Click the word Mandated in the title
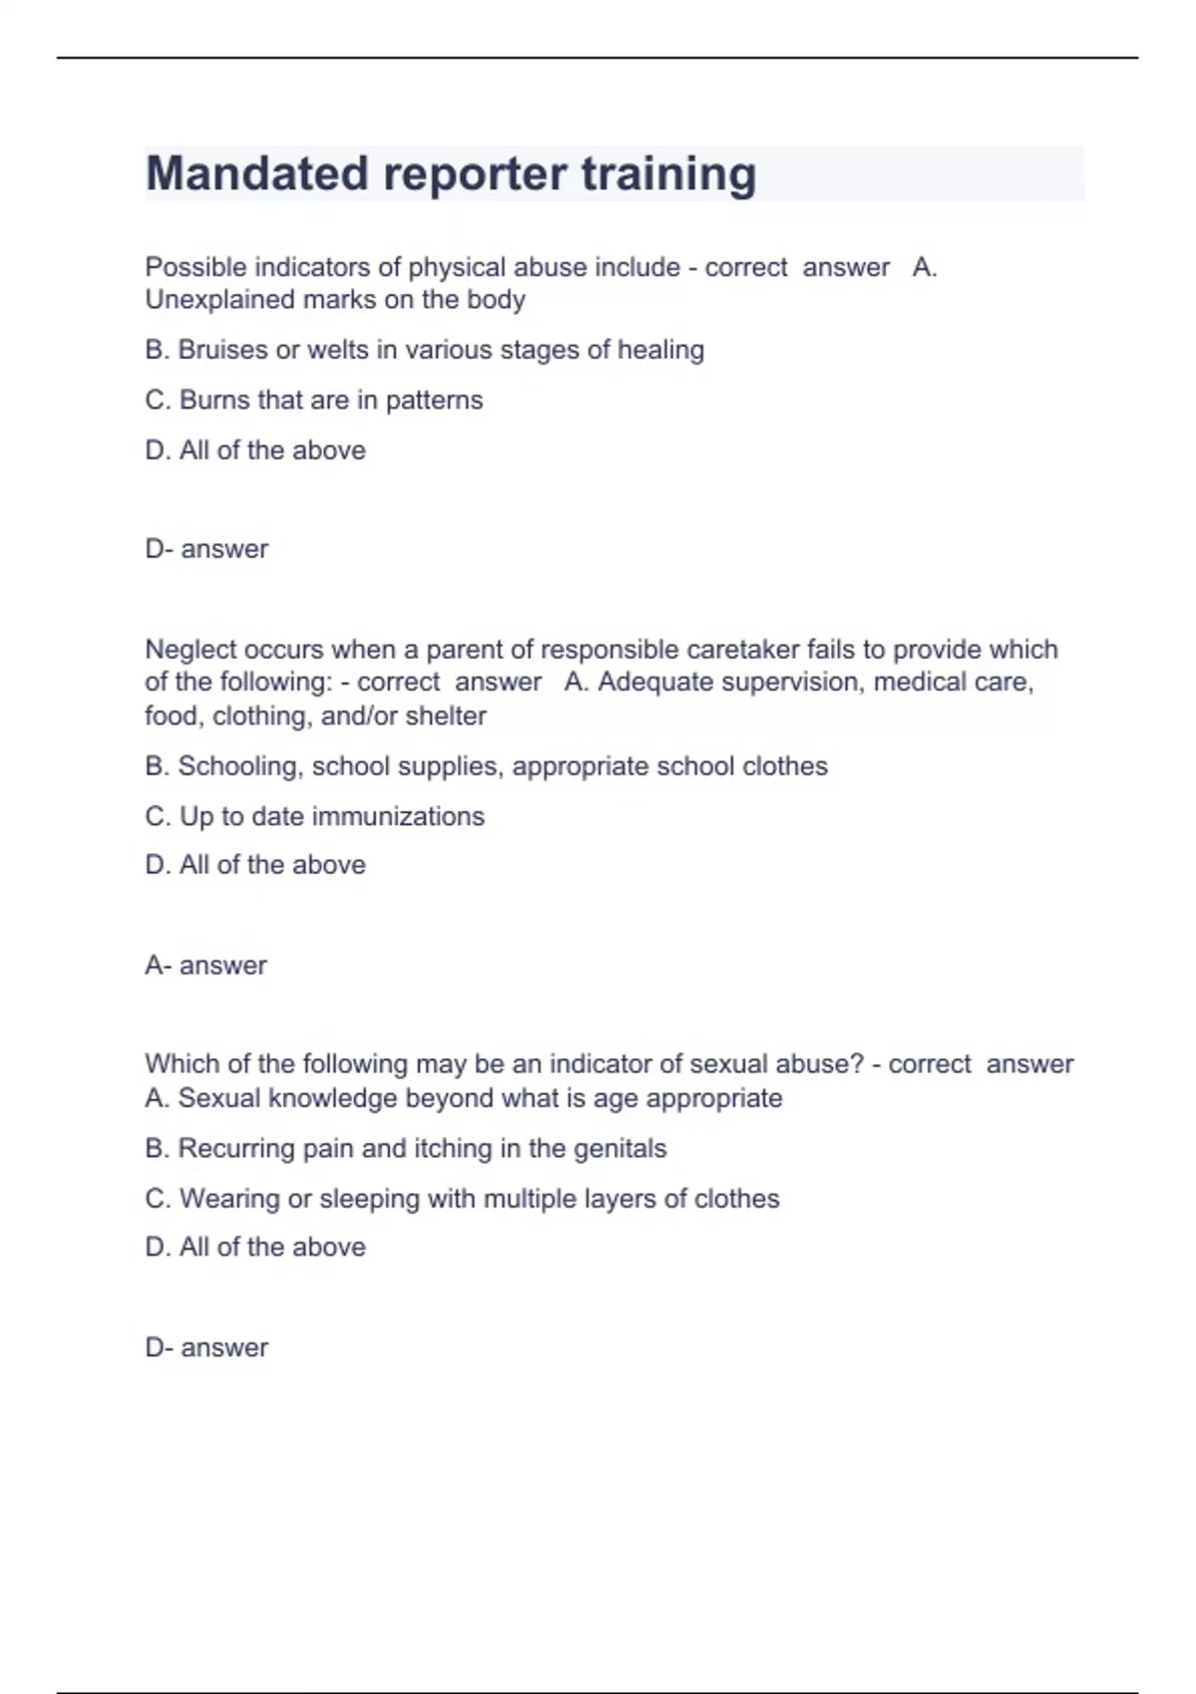[x=258, y=173]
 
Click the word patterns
[x=434, y=401]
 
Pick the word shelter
[x=446, y=715]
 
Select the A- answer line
[x=206, y=966]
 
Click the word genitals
[x=621, y=1149]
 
